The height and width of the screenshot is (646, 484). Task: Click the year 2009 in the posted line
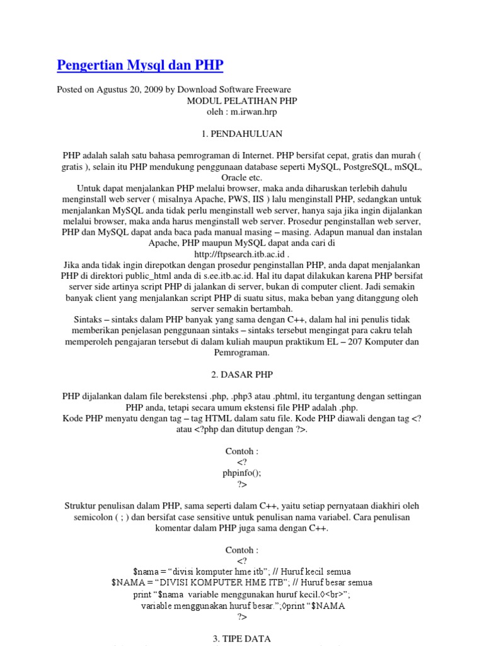153,90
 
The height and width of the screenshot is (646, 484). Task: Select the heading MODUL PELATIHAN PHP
241,101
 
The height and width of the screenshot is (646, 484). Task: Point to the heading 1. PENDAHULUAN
242,134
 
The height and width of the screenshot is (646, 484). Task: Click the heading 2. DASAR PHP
242,374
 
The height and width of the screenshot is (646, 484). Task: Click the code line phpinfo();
242,473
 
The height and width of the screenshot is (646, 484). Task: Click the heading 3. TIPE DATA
242,638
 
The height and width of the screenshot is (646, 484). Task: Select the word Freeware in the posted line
274,90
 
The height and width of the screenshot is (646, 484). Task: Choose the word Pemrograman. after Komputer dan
242,353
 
